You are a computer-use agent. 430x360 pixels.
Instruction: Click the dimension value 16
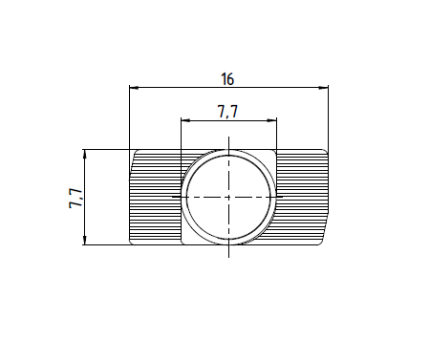[227, 79]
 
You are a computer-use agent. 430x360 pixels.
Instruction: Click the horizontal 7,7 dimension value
[227, 112]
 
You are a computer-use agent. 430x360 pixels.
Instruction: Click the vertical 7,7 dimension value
[75, 198]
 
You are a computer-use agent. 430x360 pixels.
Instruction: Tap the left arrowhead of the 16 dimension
[134, 87]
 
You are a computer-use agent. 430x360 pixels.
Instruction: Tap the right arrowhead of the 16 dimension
[323, 87]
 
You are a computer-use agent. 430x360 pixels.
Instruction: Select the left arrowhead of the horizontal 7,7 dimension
[185, 120]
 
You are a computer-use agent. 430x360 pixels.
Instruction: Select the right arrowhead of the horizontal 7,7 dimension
[271, 120]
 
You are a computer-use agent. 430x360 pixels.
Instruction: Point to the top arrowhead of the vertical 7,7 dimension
[84, 154]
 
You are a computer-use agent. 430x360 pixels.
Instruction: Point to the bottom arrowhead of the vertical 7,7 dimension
[84, 240]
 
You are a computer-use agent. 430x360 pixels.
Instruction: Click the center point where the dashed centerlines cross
[228, 198]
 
